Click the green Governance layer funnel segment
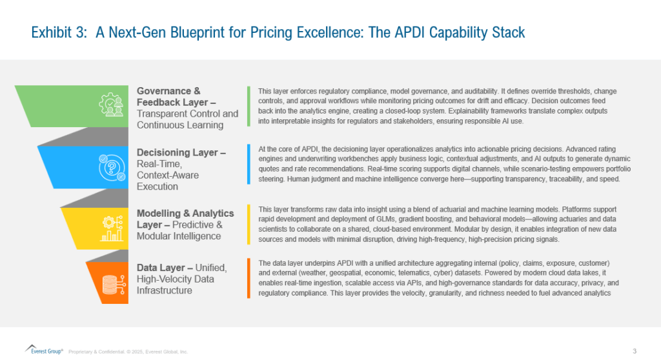(x=74, y=106)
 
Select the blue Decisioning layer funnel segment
(x=85, y=167)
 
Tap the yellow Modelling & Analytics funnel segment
(x=96, y=228)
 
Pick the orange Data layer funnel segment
(x=108, y=283)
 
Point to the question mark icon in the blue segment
(x=112, y=167)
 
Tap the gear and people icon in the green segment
(x=111, y=105)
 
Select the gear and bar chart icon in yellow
(x=112, y=228)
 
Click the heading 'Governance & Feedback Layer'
(x=176, y=97)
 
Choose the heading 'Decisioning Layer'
(x=181, y=152)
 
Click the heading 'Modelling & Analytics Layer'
(x=185, y=219)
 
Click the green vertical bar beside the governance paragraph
(x=249, y=106)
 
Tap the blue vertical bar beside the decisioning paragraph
(x=249, y=164)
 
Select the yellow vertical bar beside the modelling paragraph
(x=249, y=225)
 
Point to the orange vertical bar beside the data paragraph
(x=249, y=278)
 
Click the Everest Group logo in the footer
(x=44, y=350)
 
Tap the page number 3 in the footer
(x=635, y=351)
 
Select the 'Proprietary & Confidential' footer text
(x=97, y=352)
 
